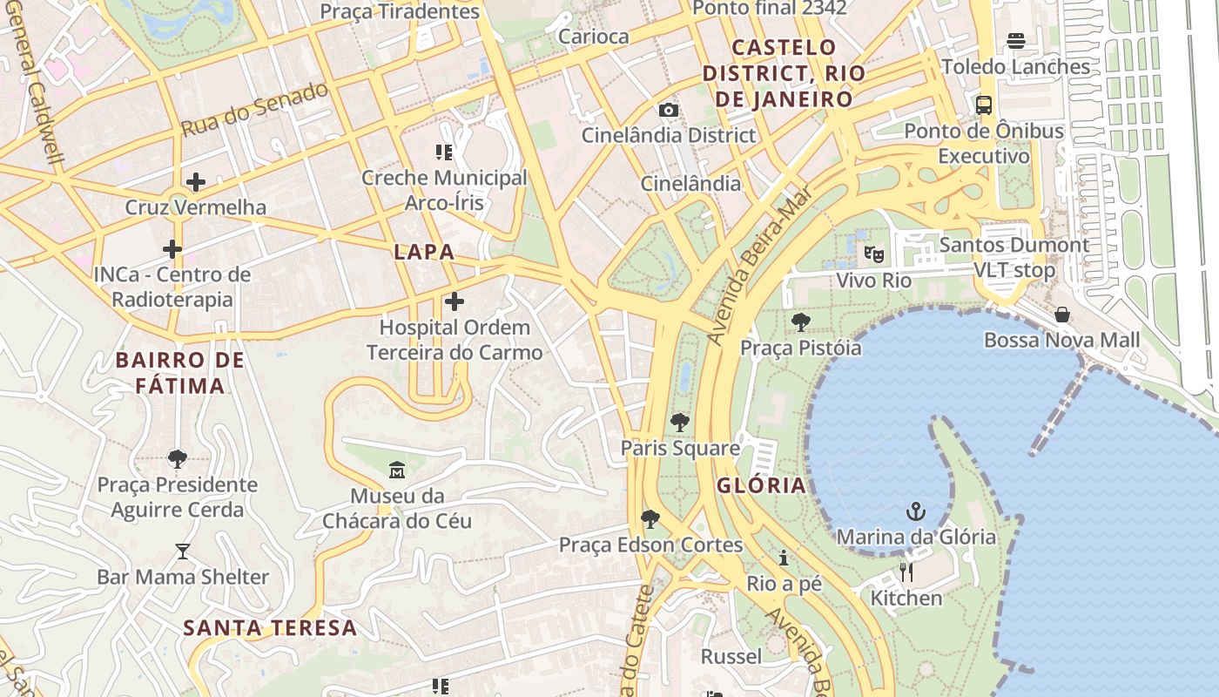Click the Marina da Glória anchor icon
tap(915, 511)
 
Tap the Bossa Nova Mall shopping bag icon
tap(1061, 315)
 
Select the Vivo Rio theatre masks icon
tap(873, 254)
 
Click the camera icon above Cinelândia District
tap(668, 110)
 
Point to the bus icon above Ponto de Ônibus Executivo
tap(984, 105)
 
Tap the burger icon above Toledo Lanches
tap(1015, 41)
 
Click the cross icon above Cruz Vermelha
tap(196, 182)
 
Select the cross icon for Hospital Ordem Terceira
tap(454, 301)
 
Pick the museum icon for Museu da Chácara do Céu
tap(397, 470)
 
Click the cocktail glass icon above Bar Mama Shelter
tap(182, 551)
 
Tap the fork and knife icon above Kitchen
tap(906, 572)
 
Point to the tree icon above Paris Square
tap(679, 423)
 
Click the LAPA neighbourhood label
tap(424, 253)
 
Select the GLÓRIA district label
tap(761, 486)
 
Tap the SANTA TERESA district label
tap(270, 627)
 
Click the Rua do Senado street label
tap(254, 109)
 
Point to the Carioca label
tap(593, 37)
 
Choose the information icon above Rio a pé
tap(784, 558)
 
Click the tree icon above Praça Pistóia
tap(800, 322)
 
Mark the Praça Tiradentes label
tap(400, 11)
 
